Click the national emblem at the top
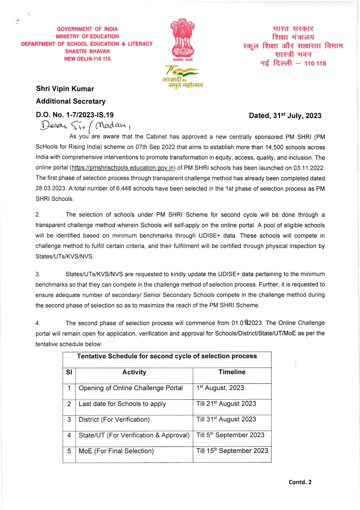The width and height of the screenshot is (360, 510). point(183,38)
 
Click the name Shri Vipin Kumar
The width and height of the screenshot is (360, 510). point(65,89)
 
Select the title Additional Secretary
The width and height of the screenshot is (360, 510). point(71,101)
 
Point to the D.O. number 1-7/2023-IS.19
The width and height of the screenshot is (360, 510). point(75,115)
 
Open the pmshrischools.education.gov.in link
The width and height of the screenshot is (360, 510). point(123,168)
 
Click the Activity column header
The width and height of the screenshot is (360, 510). point(134,372)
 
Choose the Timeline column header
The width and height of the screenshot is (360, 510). point(232,372)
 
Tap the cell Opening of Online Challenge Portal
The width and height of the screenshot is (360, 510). point(131,388)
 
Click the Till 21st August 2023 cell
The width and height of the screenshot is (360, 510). point(226,404)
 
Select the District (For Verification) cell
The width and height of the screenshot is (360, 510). point(114,420)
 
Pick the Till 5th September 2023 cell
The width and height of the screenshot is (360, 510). point(230,435)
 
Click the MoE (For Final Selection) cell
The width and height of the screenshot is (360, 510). point(116,451)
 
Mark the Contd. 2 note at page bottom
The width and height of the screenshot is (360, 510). point(300,482)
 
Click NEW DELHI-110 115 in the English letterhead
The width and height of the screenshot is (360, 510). point(87,59)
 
